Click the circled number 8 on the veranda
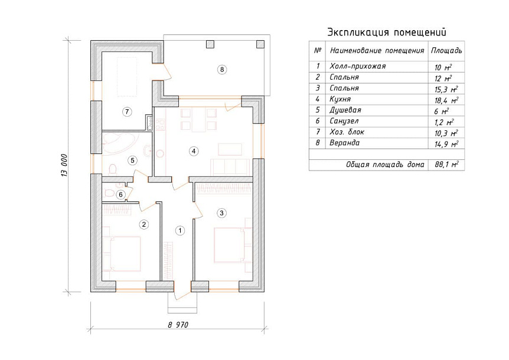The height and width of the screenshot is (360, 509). (222, 70)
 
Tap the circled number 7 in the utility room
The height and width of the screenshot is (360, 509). (127, 112)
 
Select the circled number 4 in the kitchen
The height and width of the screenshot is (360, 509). (194, 151)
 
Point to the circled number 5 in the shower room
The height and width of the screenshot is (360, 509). (132, 160)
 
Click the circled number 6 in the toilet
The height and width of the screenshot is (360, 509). (121, 195)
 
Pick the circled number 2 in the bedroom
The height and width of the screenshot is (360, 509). (144, 224)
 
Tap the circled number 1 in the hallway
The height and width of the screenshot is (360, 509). (180, 231)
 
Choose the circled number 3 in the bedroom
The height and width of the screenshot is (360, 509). (221, 213)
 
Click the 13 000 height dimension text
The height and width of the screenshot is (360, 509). (64, 165)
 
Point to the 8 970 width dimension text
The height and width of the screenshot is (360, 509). (178, 325)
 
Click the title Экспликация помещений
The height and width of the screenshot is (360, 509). (387, 32)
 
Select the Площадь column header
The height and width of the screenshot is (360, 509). (446, 51)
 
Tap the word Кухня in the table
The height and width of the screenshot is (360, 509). (340, 99)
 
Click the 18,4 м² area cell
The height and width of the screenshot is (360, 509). (446, 100)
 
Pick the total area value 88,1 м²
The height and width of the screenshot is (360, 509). (446, 165)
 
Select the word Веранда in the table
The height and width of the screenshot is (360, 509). (344, 143)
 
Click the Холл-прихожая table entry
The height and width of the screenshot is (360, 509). (357, 66)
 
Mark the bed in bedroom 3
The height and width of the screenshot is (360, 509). (229, 245)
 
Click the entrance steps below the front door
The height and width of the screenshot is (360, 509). (182, 303)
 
